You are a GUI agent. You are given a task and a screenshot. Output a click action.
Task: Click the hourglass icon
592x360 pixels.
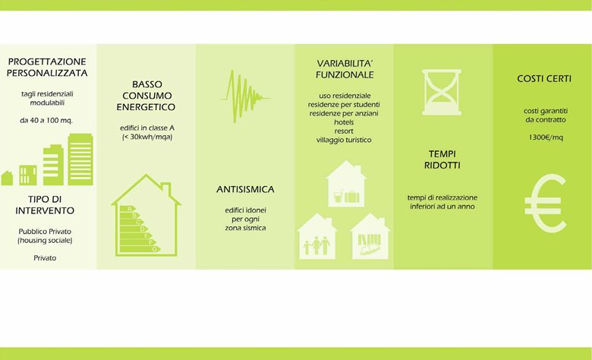tap(442, 92)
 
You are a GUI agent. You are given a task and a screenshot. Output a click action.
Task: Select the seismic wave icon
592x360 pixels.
tap(244, 96)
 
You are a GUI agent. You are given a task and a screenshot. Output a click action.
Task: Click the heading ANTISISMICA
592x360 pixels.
tap(245, 189)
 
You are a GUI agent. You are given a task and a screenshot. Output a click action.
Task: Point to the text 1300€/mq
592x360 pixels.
tap(546, 137)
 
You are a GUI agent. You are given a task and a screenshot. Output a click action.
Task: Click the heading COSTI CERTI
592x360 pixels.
tap(544, 78)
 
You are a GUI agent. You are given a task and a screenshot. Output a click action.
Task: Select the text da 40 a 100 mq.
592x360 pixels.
tap(46, 121)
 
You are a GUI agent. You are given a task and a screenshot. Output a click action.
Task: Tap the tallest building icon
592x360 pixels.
tap(80, 159)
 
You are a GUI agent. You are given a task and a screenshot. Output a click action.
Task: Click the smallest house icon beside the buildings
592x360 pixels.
tap(7, 178)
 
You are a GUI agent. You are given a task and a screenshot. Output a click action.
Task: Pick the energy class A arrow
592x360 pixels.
tap(128, 209)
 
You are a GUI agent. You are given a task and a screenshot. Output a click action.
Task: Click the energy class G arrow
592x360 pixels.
tap(140, 249)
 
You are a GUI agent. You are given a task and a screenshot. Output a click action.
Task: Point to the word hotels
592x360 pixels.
tap(344, 122)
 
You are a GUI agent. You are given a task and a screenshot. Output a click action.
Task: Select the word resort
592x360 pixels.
tap(344, 131)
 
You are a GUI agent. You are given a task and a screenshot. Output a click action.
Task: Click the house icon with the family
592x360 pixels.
tap(317, 236)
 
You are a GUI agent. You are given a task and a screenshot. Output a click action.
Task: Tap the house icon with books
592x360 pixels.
tap(370, 236)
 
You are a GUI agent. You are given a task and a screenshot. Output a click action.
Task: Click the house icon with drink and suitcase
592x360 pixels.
tap(346, 184)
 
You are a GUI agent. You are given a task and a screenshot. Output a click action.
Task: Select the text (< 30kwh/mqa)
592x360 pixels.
tap(147, 137)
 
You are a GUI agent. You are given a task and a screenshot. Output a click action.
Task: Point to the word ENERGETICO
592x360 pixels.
tap(146, 107)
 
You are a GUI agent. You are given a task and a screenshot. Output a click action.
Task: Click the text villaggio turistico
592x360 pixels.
tap(344, 140)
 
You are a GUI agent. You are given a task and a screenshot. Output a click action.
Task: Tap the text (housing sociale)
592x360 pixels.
tap(45, 240)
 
